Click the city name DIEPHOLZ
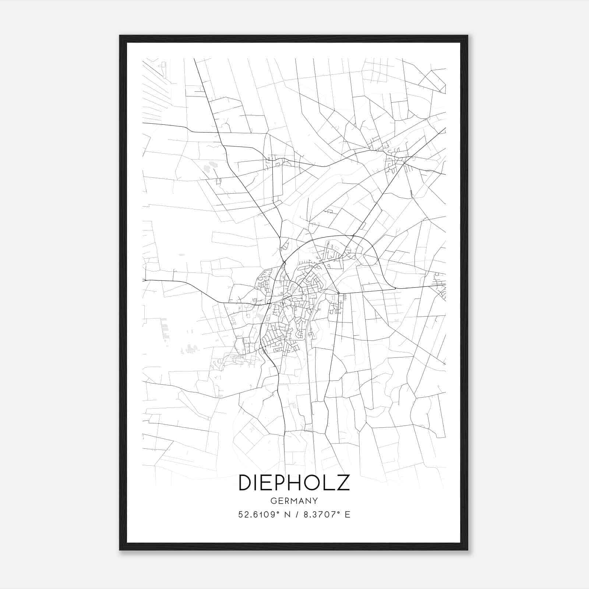294,483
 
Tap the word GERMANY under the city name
294,501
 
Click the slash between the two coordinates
297,515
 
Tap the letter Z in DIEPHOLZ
343,483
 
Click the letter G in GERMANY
274,501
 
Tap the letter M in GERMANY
294,501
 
